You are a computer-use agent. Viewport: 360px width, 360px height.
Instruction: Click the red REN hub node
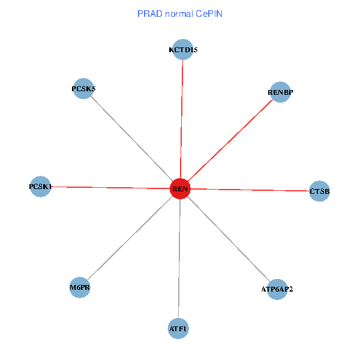coord(180,189)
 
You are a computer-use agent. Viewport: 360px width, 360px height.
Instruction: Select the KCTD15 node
coord(182,50)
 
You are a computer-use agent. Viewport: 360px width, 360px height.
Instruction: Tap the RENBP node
coord(280,92)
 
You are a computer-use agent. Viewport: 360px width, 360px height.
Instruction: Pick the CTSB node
coord(320,191)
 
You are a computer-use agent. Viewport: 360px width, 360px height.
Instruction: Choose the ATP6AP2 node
coord(277,289)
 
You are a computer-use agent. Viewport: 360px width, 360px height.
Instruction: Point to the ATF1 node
coord(178,328)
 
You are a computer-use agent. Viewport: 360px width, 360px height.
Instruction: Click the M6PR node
coord(80,287)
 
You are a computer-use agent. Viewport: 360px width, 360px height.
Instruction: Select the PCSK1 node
coord(40,187)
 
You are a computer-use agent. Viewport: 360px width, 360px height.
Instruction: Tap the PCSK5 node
coord(83,89)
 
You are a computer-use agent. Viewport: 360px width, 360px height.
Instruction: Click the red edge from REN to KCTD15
coord(181,120)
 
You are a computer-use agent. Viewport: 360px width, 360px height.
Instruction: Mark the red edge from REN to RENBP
coord(230,140)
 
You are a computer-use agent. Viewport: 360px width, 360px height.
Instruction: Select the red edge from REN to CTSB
coord(250,190)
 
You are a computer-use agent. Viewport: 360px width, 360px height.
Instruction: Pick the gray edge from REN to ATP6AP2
coord(228,239)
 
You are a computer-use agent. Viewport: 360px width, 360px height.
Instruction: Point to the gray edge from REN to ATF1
coord(179,259)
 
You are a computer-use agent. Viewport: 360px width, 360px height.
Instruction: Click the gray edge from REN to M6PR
coord(130,238)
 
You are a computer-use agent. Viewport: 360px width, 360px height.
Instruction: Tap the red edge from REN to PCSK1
coord(110,188)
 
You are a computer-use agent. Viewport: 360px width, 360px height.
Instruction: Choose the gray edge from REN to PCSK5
coord(131,139)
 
